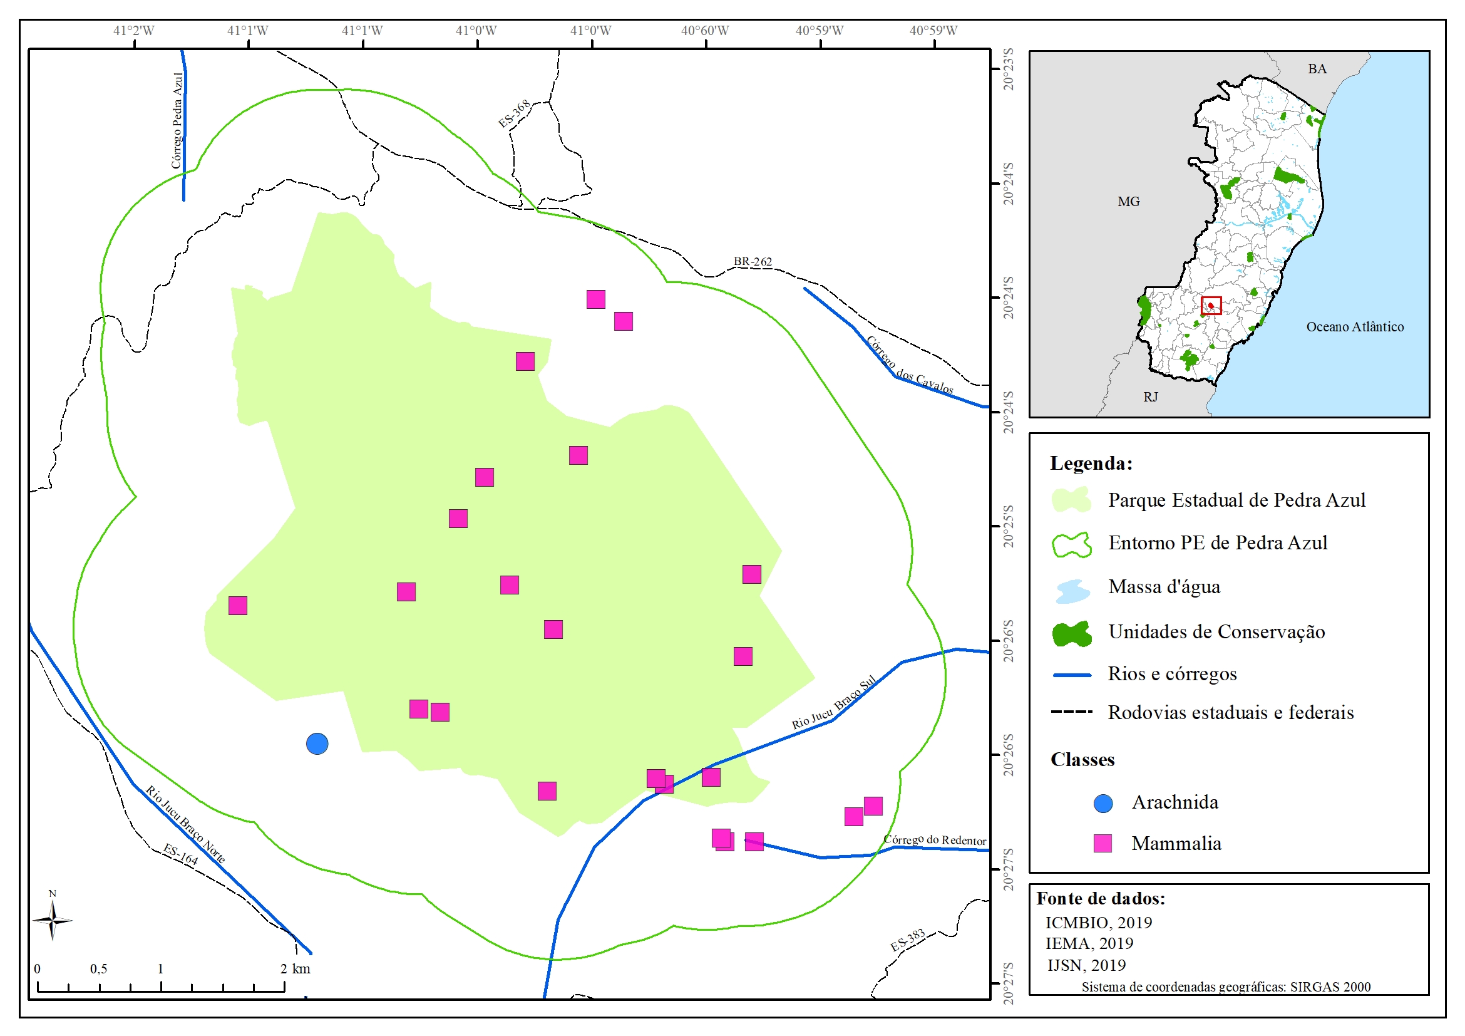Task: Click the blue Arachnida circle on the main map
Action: [x=317, y=743]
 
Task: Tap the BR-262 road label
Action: [x=753, y=262]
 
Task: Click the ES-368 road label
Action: [x=514, y=113]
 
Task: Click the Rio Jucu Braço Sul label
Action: [x=834, y=703]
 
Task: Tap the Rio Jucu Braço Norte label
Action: [x=185, y=824]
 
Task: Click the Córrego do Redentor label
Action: [x=935, y=839]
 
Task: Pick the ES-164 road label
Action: [x=180, y=854]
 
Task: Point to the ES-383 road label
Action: [x=907, y=940]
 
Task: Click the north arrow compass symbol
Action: [x=53, y=919]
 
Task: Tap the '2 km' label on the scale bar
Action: [x=296, y=968]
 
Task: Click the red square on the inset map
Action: [x=1211, y=306]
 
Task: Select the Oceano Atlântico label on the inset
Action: [x=1355, y=327]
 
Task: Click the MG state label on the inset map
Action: [x=1128, y=202]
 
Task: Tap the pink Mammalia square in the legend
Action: [x=1103, y=843]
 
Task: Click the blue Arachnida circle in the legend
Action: [x=1103, y=803]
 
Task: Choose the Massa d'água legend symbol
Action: [x=1072, y=591]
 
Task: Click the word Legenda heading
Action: [x=1091, y=464]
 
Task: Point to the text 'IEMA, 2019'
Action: [x=1089, y=943]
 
